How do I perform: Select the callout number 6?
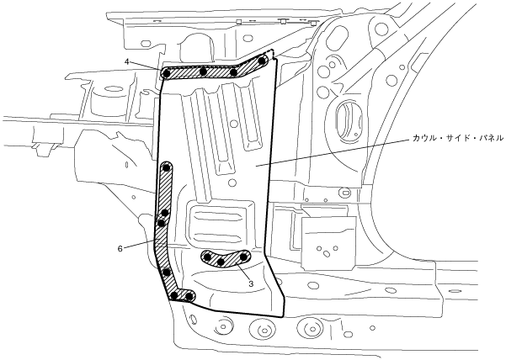coord(123,248)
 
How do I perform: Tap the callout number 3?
coord(252,284)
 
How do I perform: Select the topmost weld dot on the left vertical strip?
coord(167,168)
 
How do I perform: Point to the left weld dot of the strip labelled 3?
coord(205,257)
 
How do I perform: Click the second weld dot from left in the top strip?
coord(205,71)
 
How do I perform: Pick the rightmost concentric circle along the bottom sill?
coord(315,327)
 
